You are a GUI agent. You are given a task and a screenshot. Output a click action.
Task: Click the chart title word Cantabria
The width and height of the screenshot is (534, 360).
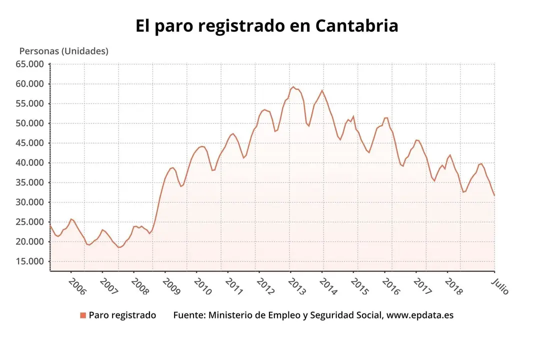click(x=356, y=26)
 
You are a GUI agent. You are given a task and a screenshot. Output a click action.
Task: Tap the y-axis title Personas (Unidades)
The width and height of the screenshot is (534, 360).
click(x=63, y=51)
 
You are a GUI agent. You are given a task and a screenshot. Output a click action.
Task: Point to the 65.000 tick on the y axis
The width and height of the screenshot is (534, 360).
click(x=29, y=64)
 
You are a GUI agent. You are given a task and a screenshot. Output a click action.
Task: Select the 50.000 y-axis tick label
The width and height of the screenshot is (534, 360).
click(x=29, y=123)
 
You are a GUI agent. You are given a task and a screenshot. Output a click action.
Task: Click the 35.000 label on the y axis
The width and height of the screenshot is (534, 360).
click(x=29, y=182)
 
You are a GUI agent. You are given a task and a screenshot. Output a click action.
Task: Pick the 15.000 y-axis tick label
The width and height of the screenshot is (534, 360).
click(x=29, y=261)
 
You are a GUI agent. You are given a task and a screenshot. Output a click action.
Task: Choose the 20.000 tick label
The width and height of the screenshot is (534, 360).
click(x=29, y=242)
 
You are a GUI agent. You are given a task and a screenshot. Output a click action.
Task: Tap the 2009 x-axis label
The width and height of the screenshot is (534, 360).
click(x=171, y=287)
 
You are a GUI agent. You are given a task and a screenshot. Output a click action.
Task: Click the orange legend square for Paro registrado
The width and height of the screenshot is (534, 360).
click(x=83, y=315)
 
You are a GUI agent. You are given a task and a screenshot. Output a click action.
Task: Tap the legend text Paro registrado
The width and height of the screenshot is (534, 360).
click(x=122, y=315)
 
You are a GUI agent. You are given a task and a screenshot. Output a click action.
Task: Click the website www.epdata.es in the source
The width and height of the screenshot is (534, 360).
click(x=420, y=315)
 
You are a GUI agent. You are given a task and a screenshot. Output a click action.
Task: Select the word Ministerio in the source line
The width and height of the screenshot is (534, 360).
click(x=231, y=315)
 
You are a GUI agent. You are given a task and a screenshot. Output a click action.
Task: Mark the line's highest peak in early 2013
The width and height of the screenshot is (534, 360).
click(x=293, y=87)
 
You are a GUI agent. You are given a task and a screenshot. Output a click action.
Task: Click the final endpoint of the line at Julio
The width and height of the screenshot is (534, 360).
click(x=494, y=195)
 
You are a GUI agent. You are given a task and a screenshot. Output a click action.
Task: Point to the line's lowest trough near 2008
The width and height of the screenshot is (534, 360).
click(x=120, y=247)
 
